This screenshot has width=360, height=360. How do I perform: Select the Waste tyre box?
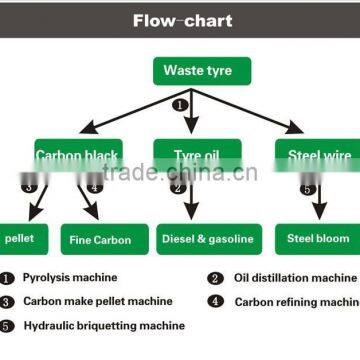197,71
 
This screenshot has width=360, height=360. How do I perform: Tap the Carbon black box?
78,155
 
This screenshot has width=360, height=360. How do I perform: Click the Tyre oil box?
194,155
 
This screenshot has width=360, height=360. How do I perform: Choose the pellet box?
19,239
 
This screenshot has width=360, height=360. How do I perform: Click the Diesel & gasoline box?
207,239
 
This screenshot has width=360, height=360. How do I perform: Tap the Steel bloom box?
319,239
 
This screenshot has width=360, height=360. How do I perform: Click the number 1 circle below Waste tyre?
181,103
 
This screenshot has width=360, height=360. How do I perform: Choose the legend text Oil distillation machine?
295,278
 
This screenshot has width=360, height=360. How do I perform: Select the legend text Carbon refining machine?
296,301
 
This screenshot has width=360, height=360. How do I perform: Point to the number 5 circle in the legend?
8,325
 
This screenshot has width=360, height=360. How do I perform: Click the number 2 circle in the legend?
215,279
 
